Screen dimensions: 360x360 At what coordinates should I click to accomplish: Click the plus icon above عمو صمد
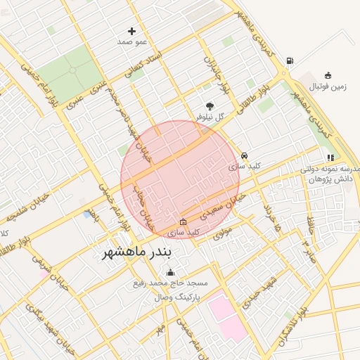pyautogui.click(x=131, y=31)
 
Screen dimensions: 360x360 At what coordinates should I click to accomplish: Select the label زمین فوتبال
pyautogui.click(x=329, y=86)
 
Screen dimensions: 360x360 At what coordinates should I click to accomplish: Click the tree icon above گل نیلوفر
pyautogui.click(x=209, y=105)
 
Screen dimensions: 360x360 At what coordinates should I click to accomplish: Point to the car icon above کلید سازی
pyautogui.click(x=244, y=155)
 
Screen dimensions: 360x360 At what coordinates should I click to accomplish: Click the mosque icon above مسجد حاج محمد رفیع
pyautogui.click(x=169, y=273)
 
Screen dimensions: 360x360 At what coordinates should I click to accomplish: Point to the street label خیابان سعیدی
pyautogui.click(x=223, y=204)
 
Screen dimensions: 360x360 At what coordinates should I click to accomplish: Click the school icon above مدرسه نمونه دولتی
pyautogui.click(x=330, y=157)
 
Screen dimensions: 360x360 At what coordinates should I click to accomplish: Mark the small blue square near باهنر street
pyautogui.click(x=87, y=214)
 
